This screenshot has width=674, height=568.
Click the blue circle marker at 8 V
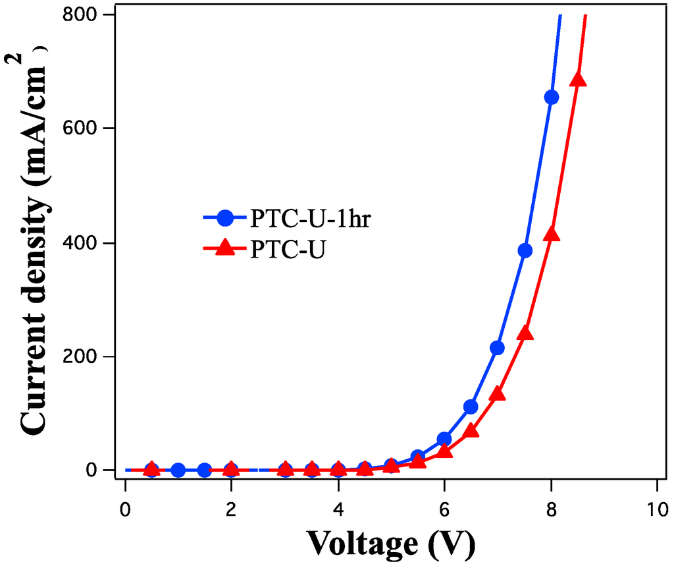pyautogui.click(x=552, y=97)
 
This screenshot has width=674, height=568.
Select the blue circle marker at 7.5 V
pyautogui.click(x=525, y=250)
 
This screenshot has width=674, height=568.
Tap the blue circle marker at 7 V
pyautogui.click(x=497, y=348)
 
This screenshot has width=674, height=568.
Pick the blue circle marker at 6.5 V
pyautogui.click(x=471, y=407)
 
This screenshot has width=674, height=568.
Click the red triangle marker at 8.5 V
pyautogui.click(x=578, y=80)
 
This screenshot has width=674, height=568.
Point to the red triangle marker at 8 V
pyautogui.click(x=552, y=234)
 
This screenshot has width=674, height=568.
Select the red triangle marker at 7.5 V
pyautogui.click(x=525, y=333)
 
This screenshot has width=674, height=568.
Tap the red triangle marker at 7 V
pyautogui.click(x=498, y=394)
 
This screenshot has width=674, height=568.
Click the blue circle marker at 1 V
pyautogui.click(x=178, y=470)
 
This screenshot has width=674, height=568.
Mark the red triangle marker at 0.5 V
pyautogui.click(x=151, y=469)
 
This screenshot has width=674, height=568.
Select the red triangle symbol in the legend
pyautogui.click(x=226, y=248)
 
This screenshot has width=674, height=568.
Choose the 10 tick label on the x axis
pyautogui.click(x=658, y=509)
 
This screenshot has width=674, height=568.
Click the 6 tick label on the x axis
pyautogui.click(x=444, y=509)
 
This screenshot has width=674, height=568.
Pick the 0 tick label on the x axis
pyautogui.click(x=125, y=509)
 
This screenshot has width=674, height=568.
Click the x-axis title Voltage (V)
pyautogui.click(x=390, y=544)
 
